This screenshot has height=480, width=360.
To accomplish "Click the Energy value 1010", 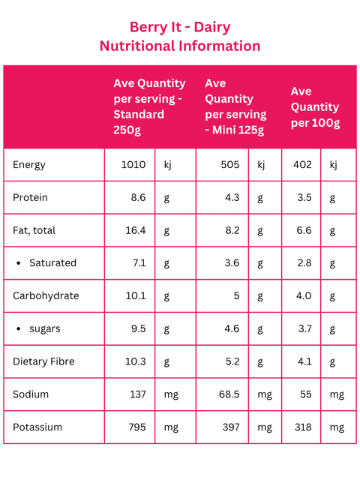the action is coord(133,165).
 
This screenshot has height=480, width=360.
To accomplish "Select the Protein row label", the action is coord(30,197).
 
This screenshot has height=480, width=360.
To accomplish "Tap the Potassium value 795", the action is coord(137,427).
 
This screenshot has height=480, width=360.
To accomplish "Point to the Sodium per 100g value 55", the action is coord(305,394).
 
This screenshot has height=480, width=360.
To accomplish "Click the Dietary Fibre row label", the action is coord(43,361).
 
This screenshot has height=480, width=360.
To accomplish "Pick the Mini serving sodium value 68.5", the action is coord(229,394).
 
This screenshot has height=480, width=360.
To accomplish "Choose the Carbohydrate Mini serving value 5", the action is coord(236,295).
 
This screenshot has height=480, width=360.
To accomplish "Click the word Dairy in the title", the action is coord(212,27).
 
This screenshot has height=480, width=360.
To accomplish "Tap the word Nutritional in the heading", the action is coord(137,46).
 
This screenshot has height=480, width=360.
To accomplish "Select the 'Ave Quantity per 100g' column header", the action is coord(315,107).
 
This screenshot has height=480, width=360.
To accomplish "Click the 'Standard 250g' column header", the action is coord(149,106).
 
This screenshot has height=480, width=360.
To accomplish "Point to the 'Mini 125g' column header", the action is coord(235,106).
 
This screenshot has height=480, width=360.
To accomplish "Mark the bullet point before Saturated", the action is coord(19,263).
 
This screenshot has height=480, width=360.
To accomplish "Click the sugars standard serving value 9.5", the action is coord(138,328).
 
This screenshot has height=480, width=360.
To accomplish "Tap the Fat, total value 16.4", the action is coord(136,230).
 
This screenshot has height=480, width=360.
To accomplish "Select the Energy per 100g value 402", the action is coord(302,165).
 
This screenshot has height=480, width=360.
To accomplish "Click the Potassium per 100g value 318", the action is coord(303,427).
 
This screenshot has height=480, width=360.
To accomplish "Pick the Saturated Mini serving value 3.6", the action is coord(232,263).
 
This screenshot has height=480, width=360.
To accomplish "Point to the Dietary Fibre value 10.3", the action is coord(136,361).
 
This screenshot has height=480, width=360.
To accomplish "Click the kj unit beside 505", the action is coord(261,165).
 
